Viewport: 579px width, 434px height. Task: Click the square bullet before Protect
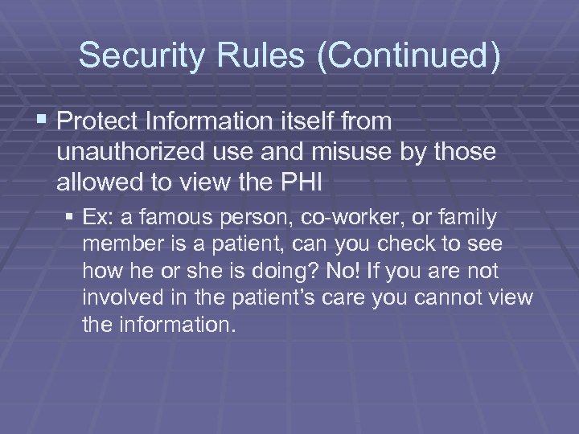(x=43, y=121)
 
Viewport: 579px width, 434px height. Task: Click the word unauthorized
(x=130, y=152)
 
